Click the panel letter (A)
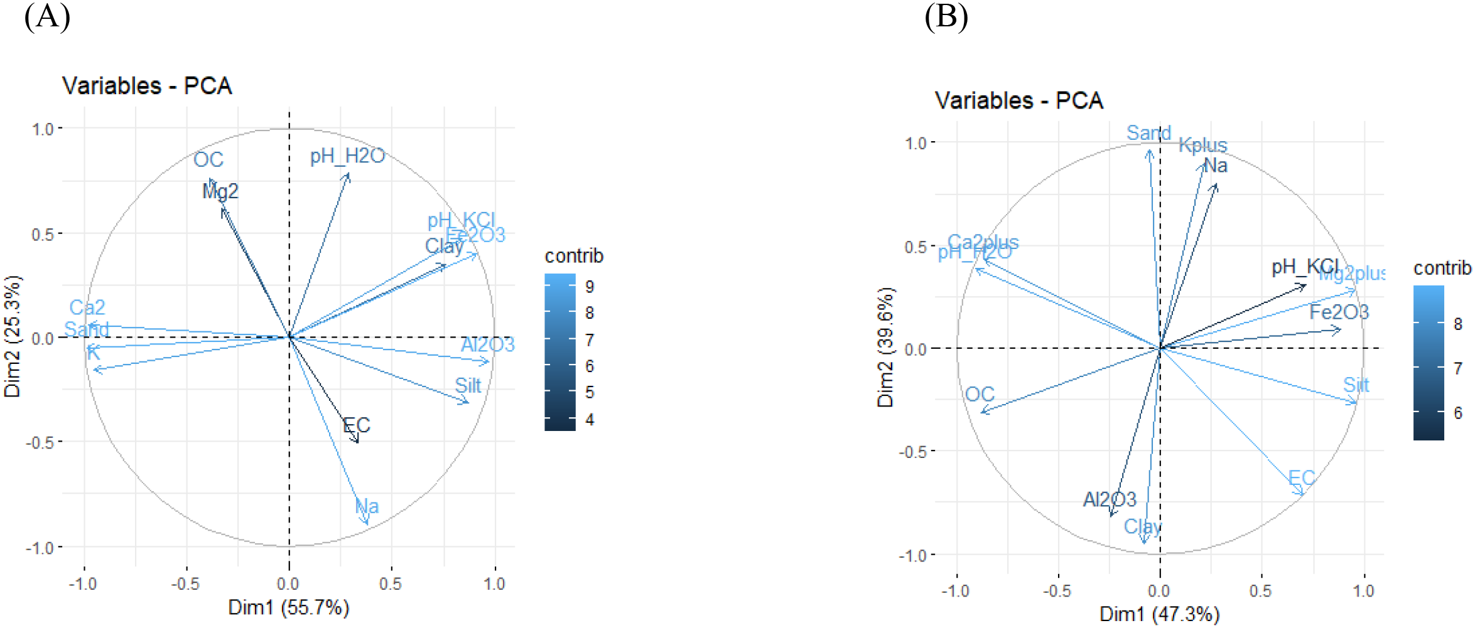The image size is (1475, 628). point(47,17)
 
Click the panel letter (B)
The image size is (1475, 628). point(946,17)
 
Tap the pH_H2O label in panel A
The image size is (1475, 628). point(347,156)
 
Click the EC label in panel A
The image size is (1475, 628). point(357,425)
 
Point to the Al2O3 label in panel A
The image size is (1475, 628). point(487,344)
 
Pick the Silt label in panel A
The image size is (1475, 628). point(468,386)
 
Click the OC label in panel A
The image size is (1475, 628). point(208,160)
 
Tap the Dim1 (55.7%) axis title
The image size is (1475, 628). point(288,607)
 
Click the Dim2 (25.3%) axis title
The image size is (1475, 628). point(13,336)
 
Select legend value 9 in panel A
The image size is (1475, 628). point(590,287)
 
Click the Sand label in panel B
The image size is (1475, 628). point(1148,133)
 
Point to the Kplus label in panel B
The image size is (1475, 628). point(1202,145)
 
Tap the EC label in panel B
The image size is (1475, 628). point(1301,478)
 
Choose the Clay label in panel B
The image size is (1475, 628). point(1143,526)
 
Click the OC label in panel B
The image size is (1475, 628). point(980,395)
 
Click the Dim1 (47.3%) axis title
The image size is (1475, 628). point(1159,614)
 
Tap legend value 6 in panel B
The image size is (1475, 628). point(1458,413)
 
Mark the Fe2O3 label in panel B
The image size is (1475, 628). point(1339,312)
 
